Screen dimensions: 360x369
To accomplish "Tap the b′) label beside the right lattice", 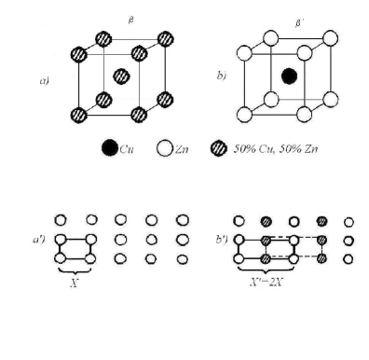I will click(221, 242).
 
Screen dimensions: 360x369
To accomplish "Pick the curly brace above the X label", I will click(76, 275).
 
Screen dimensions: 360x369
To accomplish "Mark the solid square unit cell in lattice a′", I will click(76, 249).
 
